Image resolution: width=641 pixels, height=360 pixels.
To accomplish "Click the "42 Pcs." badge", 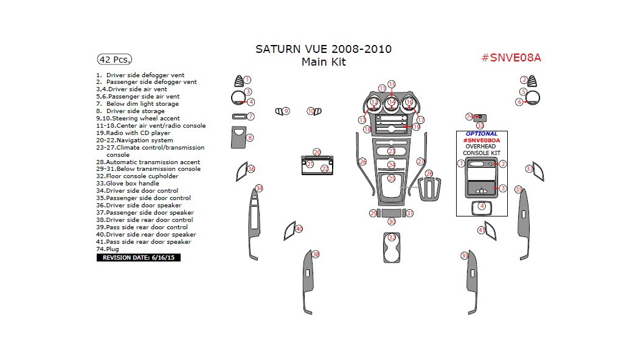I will tap(114, 60).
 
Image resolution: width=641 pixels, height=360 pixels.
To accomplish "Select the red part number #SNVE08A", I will tap(511, 58).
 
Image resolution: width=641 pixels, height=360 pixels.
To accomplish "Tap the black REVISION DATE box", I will tap(139, 258).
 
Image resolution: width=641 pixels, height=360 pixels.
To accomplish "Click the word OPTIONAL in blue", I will tap(482, 134).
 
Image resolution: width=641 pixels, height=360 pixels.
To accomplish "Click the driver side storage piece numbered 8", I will tap(238, 137).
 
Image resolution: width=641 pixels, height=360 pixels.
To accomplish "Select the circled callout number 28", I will tap(429, 174).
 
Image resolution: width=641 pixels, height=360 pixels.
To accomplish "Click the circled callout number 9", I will tap(286, 111).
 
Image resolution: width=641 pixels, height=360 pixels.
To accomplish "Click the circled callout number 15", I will tap(392, 85).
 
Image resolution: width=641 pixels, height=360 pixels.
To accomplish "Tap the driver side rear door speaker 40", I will tap(290, 231).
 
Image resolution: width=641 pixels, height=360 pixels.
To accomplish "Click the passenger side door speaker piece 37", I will tap(538, 173).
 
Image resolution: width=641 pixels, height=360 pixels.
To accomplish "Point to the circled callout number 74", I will tap(469, 116).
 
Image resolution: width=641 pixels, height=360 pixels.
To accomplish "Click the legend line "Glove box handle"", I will tap(132, 183).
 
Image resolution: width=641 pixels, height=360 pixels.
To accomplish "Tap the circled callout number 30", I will tap(392, 222).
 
